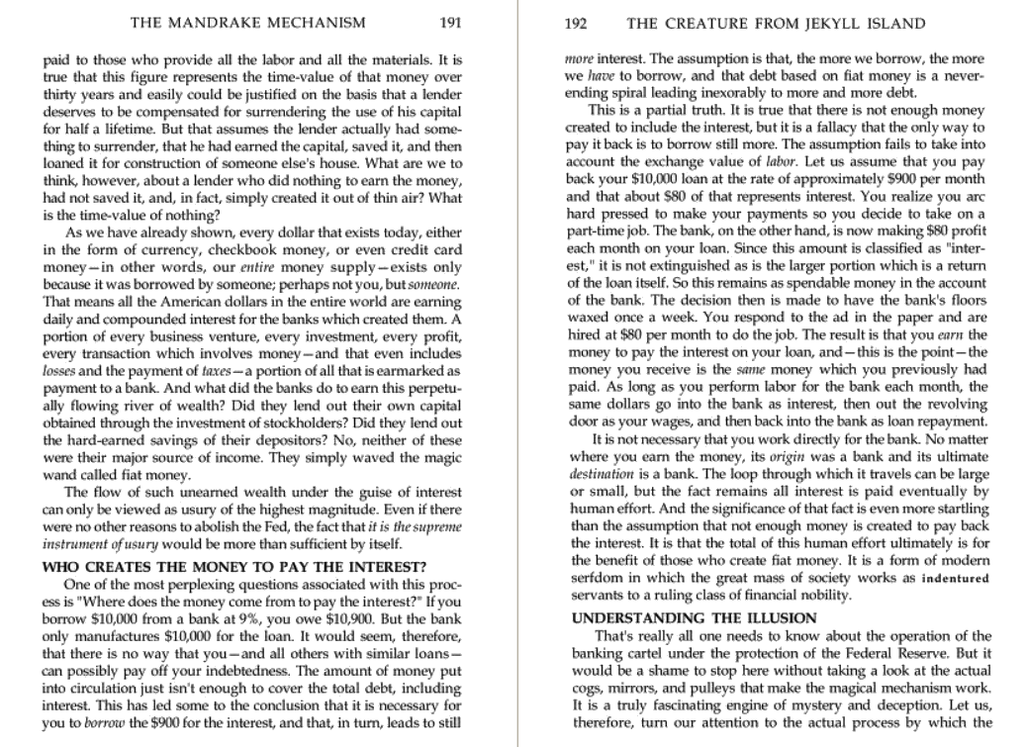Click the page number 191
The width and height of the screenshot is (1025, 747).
(451, 23)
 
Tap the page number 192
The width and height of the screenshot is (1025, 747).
(579, 23)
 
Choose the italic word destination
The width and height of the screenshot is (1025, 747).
(599, 473)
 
